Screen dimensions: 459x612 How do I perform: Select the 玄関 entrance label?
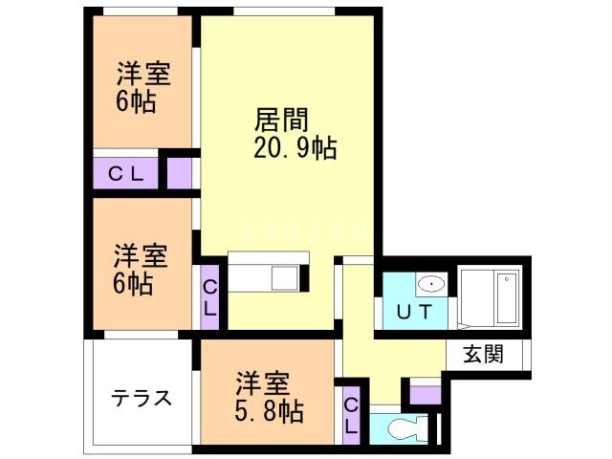484,354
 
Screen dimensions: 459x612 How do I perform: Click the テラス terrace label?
141,398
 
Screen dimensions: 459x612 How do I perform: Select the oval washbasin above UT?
431,284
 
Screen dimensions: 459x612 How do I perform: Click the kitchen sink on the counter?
284,278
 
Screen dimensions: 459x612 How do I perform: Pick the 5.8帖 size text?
271,412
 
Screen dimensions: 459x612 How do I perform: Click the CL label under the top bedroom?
125,174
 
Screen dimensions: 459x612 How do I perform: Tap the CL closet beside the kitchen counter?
209,297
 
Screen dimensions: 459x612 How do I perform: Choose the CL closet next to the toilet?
352,417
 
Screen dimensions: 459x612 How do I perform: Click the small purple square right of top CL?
179,173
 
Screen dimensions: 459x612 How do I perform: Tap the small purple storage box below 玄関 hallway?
425,392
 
